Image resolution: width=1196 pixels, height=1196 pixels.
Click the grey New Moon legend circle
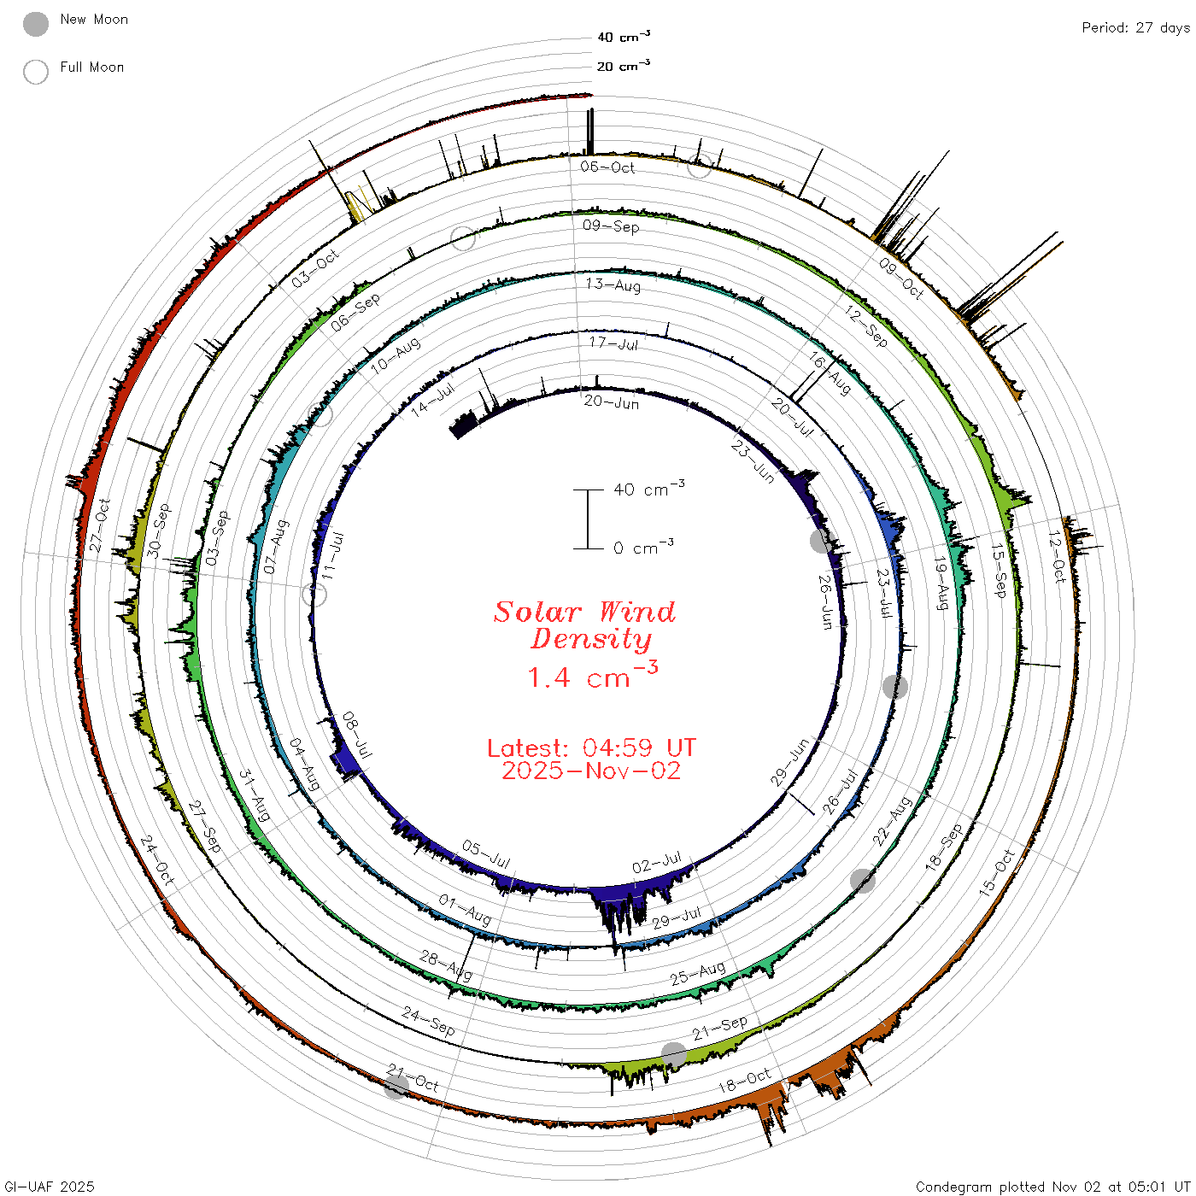pyautogui.click(x=35, y=24)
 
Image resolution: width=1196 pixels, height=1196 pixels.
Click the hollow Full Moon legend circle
pyautogui.click(x=35, y=72)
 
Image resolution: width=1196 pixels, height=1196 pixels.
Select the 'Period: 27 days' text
pyautogui.click(x=1135, y=28)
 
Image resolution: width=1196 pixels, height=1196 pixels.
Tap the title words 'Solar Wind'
pyautogui.click(x=584, y=612)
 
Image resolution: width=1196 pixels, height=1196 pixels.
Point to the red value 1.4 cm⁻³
pyautogui.click(x=593, y=676)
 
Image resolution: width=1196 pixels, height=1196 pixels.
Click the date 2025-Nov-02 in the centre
pyautogui.click(x=591, y=771)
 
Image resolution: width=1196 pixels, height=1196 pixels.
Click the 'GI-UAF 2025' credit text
pyautogui.click(x=50, y=1186)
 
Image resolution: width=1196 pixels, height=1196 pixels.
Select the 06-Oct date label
pyautogui.click(x=607, y=167)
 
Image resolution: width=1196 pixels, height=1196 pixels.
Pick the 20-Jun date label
pyautogui.click(x=612, y=402)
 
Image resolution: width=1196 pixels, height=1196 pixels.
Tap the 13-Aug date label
pyautogui.click(x=613, y=284)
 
